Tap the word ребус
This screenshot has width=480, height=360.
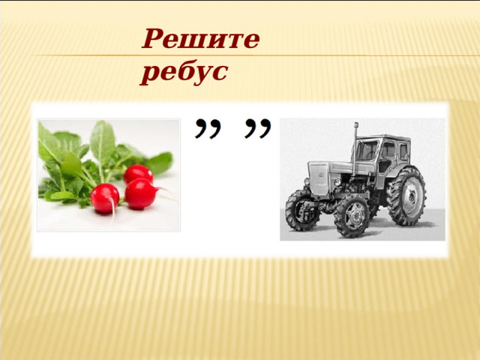pos(184,72)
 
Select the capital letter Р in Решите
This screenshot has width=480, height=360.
pos(153,38)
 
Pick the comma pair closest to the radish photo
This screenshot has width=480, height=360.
pos(208,129)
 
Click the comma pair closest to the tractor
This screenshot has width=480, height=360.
pos(257,129)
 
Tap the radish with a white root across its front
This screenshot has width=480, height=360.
pos(105,198)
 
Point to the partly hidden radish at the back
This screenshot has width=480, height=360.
pos(138,174)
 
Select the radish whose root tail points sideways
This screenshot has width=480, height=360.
pos(141,193)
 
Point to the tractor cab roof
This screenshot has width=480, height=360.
pos(385,138)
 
